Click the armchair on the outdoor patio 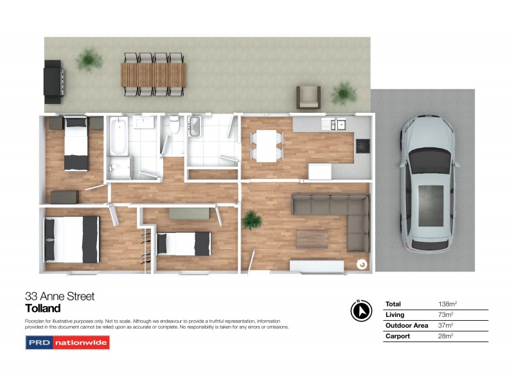(x=308, y=97)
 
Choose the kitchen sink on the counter (x=337, y=124)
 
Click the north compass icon (x=362, y=311)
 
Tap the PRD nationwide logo (x=67, y=343)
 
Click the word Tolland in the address (x=42, y=309)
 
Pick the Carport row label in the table (x=398, y=336)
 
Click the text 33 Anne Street (x=60, y=296)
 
